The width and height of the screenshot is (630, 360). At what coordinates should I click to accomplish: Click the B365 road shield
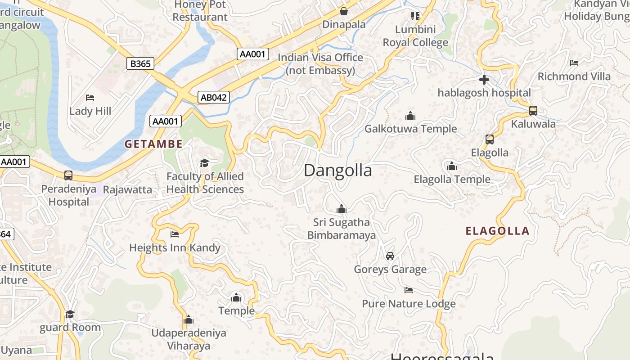(x=140, y=64)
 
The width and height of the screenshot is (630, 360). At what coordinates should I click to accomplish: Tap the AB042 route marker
(x=214, y=97)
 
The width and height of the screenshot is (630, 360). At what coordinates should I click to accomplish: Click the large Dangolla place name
(x=338, y=171)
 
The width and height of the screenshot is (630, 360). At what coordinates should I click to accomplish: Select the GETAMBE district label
(x=154, y=144)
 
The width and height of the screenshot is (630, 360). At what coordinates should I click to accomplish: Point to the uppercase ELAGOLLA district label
(x=497, y=231)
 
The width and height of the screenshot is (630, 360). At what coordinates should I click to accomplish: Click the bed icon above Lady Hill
(x=90, y=98)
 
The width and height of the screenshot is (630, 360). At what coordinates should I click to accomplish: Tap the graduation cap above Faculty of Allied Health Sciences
(x=205, y=163)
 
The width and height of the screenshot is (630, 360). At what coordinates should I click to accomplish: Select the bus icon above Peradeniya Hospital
(x=68, y=175)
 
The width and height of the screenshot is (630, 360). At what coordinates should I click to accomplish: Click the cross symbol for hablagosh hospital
(x=484, y=80)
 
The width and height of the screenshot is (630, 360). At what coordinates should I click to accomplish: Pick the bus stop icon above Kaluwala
(x=533, y=110)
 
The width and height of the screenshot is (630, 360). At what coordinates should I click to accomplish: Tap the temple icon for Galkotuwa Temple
(x=410, y=116)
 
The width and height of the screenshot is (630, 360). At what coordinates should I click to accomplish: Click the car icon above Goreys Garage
(x=390, y=256)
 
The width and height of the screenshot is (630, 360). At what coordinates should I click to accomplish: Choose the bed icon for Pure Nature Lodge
(x=409, y=290)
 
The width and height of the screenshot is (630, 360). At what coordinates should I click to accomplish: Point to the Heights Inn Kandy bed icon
(x=175, y=234)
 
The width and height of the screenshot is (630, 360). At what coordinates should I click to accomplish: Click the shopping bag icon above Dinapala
(x=344, y=11)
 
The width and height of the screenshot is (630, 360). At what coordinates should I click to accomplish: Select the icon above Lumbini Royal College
(x=415, y=16)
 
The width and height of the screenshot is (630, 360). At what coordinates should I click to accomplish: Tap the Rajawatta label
(x=127, y=189)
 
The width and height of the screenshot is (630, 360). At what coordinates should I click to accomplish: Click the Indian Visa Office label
(x=320, y=64)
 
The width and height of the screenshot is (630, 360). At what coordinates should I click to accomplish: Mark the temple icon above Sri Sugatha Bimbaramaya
(x=342, y=209)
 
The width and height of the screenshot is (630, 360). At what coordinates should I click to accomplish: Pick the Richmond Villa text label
(x=574, y=76)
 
